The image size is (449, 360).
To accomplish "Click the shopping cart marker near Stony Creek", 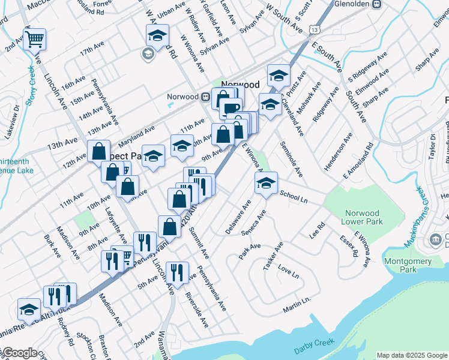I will pyautogui.click(x=34, y=40).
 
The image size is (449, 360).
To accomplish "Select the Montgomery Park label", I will pyautogui.click(x=408, y=265).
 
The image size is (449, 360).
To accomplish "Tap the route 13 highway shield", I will pyautogui.click(x=315, y=28).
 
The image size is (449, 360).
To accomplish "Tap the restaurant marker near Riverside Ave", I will pyautogui.click(x=176, y=273).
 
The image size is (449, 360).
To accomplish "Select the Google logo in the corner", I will pyautogui.click(x=19, y=353).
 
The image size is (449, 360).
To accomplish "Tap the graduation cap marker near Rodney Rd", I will pyautogui.click(x=29, y=310).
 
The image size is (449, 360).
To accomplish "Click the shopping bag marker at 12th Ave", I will pyautogui.click(x=98, y=151).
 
